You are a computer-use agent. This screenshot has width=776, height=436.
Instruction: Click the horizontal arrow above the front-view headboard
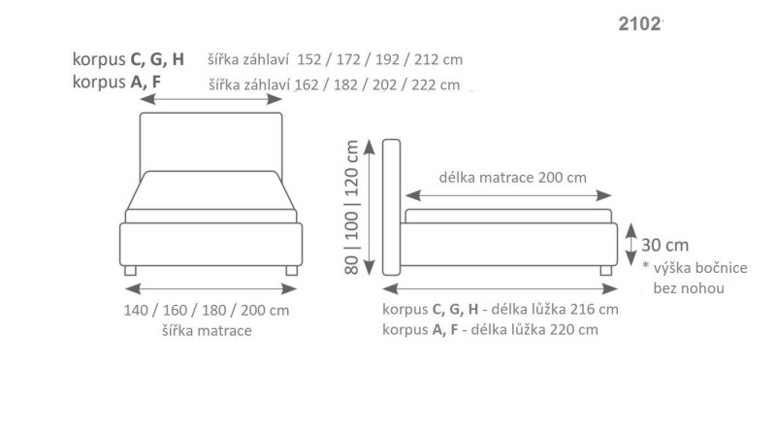point(211,99)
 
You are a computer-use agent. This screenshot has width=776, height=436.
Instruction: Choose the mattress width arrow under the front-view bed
point(211,288)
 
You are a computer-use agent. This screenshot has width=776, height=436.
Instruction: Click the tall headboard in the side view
point(393,207)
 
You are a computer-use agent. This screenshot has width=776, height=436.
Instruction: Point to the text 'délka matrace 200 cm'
point(512,178)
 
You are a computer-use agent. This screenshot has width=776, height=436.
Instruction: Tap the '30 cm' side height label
point(665,244)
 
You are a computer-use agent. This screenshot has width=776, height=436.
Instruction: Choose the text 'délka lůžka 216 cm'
point(555,310)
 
